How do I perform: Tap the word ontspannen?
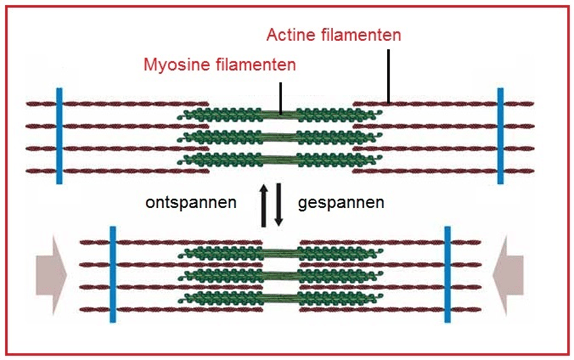click(191, 204)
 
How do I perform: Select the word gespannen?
click(341, 204)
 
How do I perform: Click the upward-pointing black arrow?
click(265, 204)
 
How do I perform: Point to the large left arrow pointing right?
click(52, 274)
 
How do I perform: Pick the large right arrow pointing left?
click(509, 274)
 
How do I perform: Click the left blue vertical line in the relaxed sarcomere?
click(59, 136)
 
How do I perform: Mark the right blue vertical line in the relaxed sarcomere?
click(500, 136)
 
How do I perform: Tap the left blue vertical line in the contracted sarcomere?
click(112, 274)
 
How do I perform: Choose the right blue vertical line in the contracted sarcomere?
click(447, 274)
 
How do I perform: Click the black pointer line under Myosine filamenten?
click(281, 97)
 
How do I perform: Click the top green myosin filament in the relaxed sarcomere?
click(280, 115)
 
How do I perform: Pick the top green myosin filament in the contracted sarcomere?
click(280, 253)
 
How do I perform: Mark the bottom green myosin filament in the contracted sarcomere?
click(280, 296)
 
